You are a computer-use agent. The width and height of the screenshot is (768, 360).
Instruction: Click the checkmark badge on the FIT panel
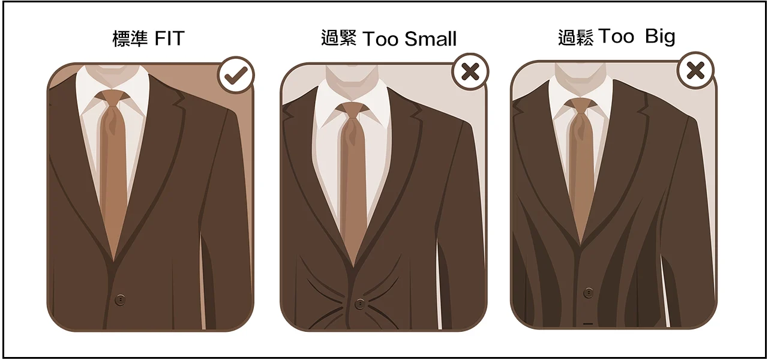point(236,75)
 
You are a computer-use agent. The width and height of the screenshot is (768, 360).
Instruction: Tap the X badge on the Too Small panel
point(470,71)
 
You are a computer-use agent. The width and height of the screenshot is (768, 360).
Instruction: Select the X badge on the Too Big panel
point(695,70)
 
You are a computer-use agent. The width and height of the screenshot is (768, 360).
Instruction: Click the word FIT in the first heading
point(169,38)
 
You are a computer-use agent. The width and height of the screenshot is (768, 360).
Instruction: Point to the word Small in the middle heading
point(430,39)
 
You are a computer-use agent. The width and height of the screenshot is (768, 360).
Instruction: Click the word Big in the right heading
point(660,37)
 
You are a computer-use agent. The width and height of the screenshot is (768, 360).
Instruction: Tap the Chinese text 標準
point(130,38)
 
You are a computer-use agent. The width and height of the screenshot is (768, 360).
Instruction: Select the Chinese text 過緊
point(339,38)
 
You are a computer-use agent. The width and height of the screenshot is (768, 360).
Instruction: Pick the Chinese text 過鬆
point(575,37)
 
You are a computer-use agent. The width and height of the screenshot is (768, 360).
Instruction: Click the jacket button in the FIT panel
point(120,299)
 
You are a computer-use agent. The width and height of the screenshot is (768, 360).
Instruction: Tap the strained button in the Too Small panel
point(359,304)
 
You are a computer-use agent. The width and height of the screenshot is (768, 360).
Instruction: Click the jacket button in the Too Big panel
point(589,292)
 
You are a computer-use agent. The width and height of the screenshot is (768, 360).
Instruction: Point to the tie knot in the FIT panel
point(112,98)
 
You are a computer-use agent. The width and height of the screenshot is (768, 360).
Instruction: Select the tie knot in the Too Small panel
point(352,110)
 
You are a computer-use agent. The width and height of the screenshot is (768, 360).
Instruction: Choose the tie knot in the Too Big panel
point(580,106)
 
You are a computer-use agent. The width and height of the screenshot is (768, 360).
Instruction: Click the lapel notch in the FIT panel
point(180,102)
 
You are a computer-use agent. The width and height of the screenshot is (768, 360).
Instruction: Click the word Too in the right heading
point(616,36)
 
